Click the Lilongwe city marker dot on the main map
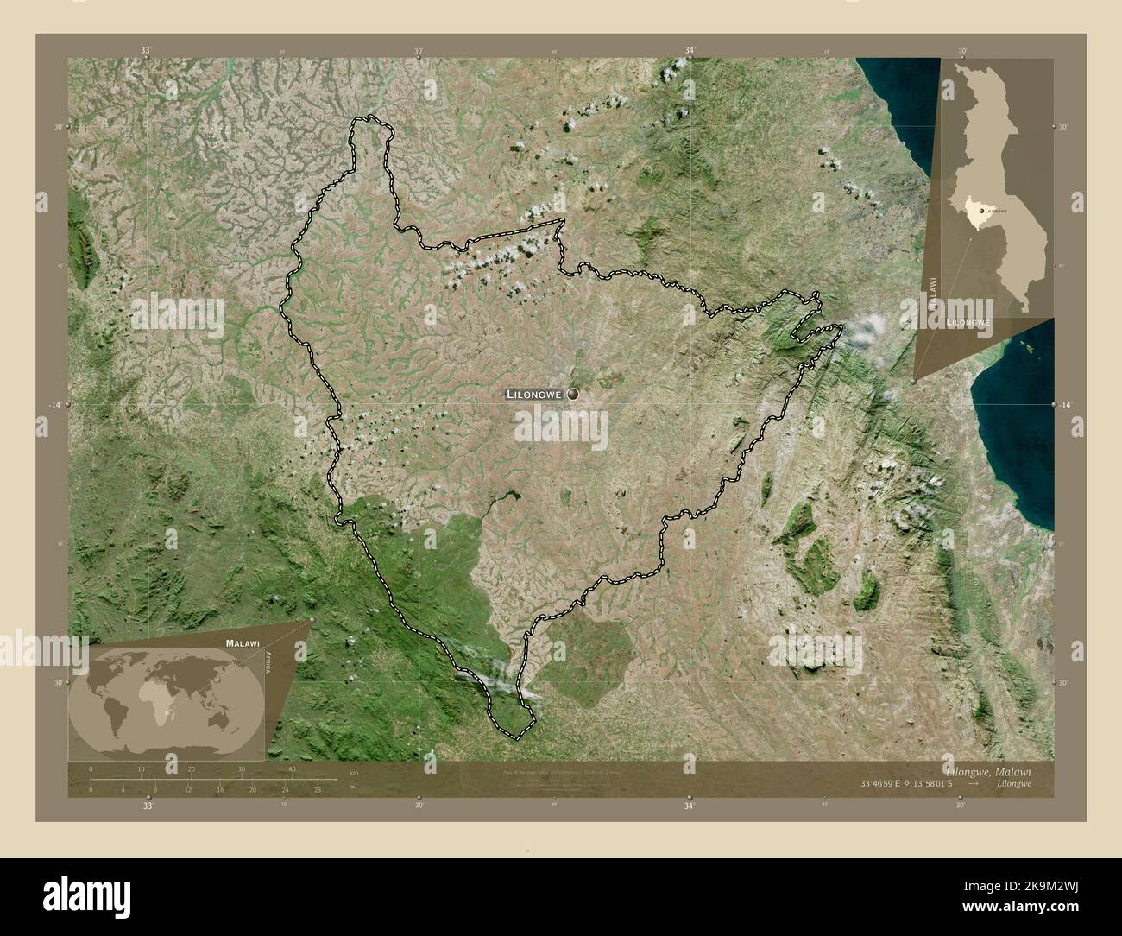point(572,394)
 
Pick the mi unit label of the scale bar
point(353,787)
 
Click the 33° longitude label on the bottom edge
point(148,807)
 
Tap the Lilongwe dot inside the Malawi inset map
point(981,210)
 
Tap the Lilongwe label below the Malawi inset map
point(968,321)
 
